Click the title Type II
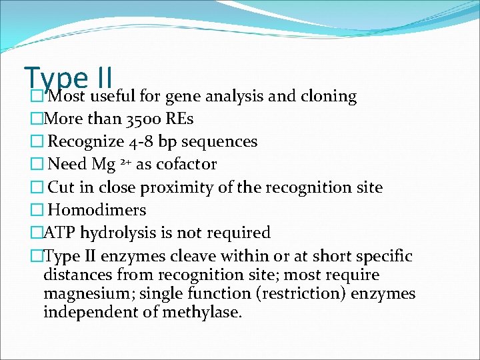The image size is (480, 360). [x=68, y=79]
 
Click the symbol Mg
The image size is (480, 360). [x=105, y=165]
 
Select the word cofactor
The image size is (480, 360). [x=186, y=165]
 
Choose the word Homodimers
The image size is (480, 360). [x=97, y=210]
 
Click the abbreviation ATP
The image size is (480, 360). [x=58, y=233]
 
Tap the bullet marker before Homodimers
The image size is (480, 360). [x=36, y=211]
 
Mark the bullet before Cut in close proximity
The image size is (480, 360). [x=36, y=188]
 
